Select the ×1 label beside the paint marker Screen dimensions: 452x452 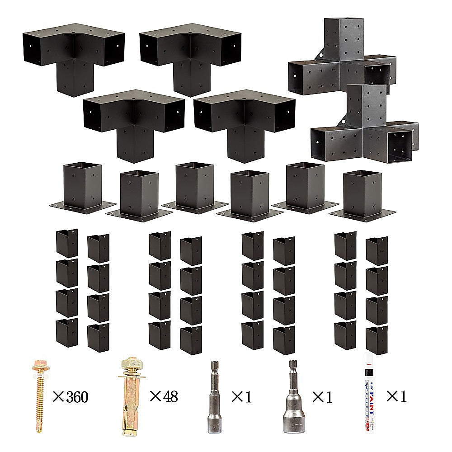[396, 396]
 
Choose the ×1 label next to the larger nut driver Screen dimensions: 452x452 [322, 397]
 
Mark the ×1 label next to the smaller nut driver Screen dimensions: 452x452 [241, 397]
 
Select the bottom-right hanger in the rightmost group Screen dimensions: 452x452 [377, 339]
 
